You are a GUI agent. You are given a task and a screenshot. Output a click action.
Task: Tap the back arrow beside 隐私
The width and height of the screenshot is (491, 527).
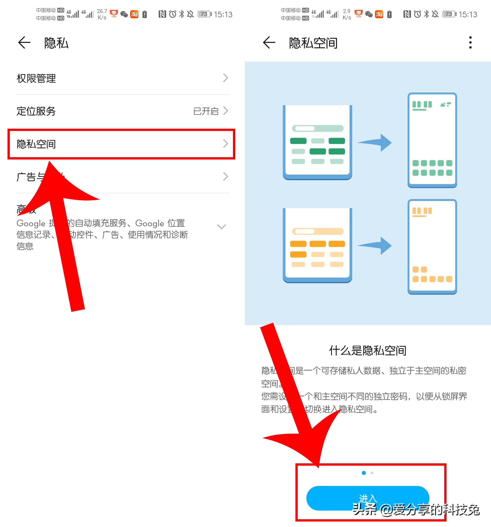[x=24, y=43]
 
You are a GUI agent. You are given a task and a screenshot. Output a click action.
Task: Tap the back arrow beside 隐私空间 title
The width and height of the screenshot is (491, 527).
[x=269, y=43]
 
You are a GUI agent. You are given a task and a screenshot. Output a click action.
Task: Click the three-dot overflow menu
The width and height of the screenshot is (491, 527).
[x=470, y=43]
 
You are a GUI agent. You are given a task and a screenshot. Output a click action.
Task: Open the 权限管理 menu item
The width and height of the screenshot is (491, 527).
[x=36, y=78]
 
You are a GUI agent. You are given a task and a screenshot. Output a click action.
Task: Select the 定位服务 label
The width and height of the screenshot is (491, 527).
[x=36, y=111]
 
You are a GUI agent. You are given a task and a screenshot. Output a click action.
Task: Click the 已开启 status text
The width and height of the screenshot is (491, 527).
[x=206, y=111]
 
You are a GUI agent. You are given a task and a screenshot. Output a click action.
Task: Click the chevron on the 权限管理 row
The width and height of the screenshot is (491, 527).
[x=225, y=78]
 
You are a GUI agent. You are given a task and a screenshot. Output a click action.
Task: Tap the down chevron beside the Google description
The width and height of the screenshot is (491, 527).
[x=221, y=227]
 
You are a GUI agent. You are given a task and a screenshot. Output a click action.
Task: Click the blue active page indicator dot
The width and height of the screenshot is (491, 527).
[x=364, y=473]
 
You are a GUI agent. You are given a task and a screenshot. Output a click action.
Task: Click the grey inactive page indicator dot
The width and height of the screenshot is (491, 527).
[x=372, y=473]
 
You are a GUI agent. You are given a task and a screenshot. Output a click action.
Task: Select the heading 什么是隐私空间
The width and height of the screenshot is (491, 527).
[x=368, y=350]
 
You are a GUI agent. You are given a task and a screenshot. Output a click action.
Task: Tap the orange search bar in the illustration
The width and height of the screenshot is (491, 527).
[x=318, y=231]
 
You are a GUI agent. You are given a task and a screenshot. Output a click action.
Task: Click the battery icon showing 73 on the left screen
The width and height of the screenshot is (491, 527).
[x=204, y=14]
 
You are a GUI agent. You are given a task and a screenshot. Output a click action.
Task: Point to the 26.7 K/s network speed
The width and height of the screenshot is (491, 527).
[x=102, y=14]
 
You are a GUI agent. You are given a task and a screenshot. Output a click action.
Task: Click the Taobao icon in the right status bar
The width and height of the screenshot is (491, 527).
[x=379, y=14]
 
